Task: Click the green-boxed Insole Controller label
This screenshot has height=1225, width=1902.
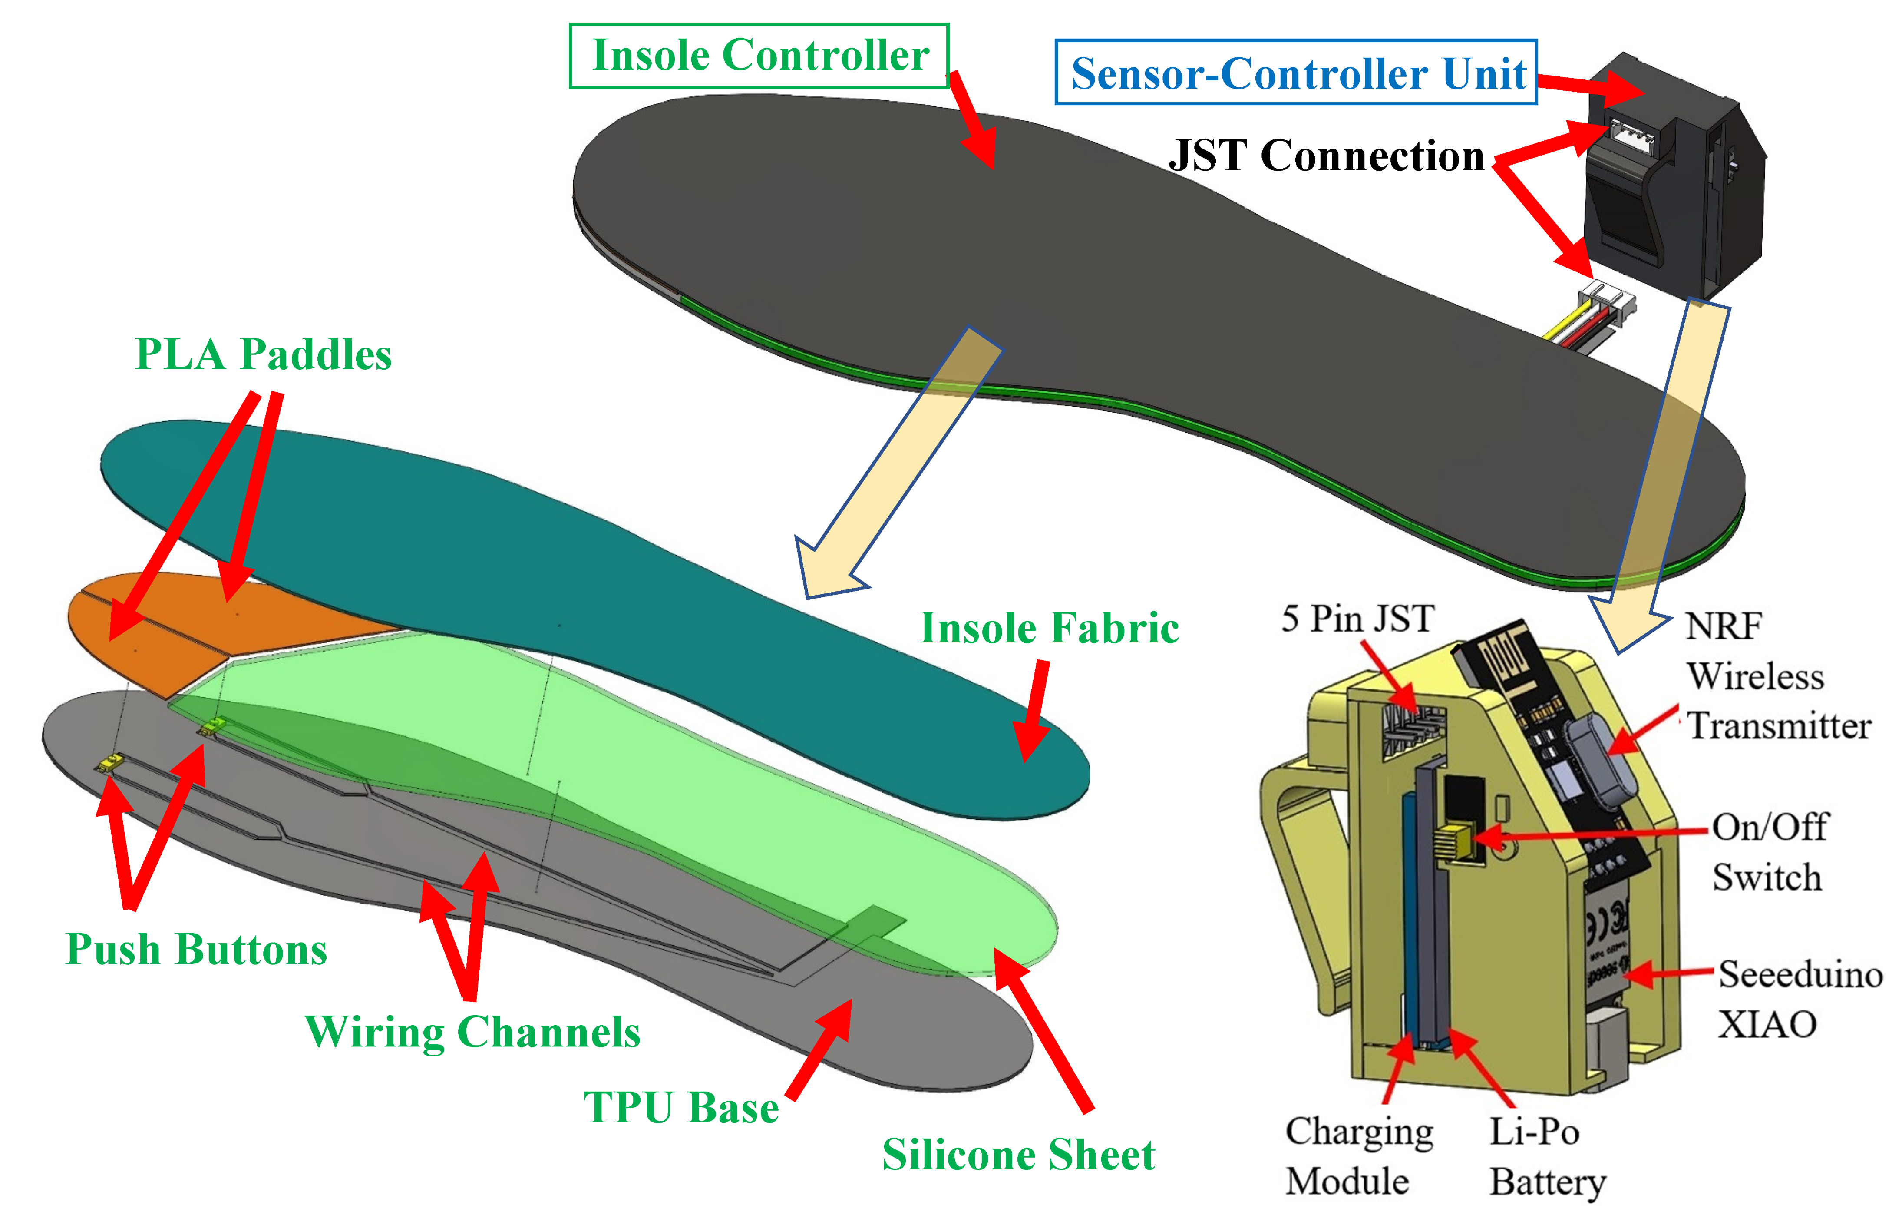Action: click(x=759, y=56)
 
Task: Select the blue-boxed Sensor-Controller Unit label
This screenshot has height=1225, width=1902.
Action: click(x=1296, y=73)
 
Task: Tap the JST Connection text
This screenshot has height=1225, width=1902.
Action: click(x=1326, y=155)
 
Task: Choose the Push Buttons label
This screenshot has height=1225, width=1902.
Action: click(x=195, y=949)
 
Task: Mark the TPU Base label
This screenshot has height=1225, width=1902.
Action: click(x=680, y=1107)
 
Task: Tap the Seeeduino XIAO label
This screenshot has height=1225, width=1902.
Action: click(x=1799, y=999)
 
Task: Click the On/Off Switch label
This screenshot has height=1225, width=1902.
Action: click(x=1769, y=852)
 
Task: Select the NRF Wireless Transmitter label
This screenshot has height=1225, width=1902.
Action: click(x=1778, y=675)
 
